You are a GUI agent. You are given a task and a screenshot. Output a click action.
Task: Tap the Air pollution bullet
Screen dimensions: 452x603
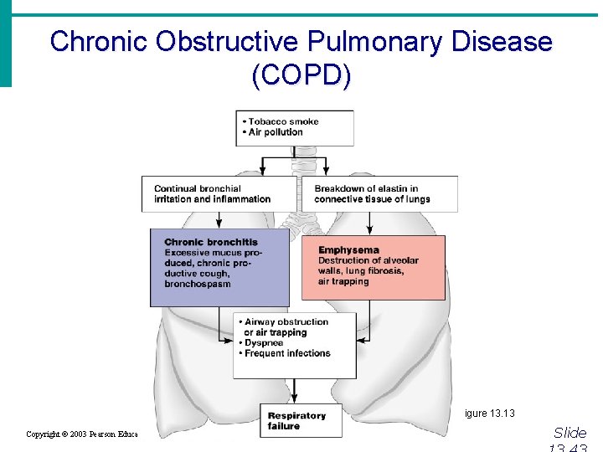click(x=276, y=132)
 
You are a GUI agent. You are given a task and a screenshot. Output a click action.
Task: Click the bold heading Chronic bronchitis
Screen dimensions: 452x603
click(x=211, y=242)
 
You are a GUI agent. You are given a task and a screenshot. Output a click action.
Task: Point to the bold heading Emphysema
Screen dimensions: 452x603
click(x=348, y=249)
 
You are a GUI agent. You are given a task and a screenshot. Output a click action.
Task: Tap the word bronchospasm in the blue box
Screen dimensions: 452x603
click(x=198, y=284)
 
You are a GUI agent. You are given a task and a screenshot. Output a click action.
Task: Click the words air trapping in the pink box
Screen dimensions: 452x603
click(x=343, y=281)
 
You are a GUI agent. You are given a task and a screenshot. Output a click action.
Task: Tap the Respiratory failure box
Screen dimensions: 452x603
click(x=296, y=421)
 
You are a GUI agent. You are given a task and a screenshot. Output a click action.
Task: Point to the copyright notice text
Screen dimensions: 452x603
click(x=82, y=434)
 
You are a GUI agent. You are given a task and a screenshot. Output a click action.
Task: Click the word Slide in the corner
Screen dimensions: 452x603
click(x=570, y=433)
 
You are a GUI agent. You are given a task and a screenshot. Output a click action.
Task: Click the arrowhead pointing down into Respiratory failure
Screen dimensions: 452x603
click(x=294, y=401)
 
